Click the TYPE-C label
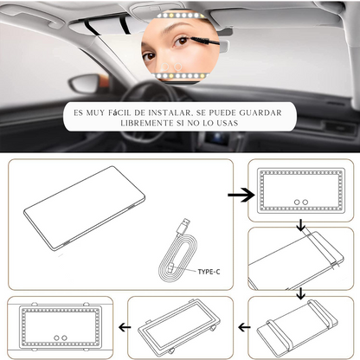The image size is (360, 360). click(208, 272)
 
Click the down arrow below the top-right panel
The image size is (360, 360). click(299, 226)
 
